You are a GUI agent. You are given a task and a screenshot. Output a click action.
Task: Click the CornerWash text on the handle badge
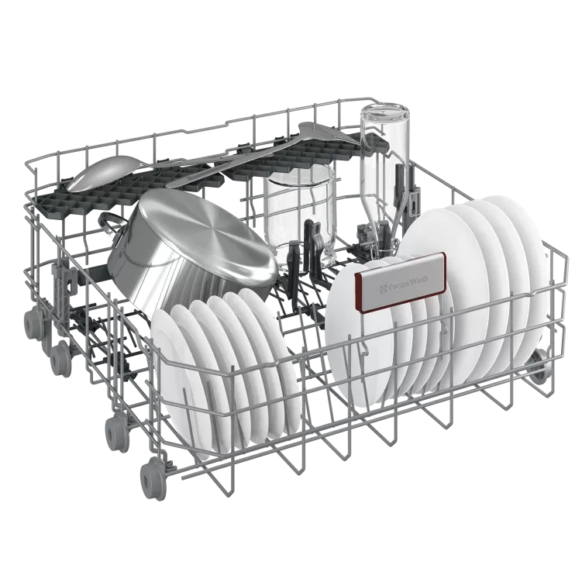(405, 284)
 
